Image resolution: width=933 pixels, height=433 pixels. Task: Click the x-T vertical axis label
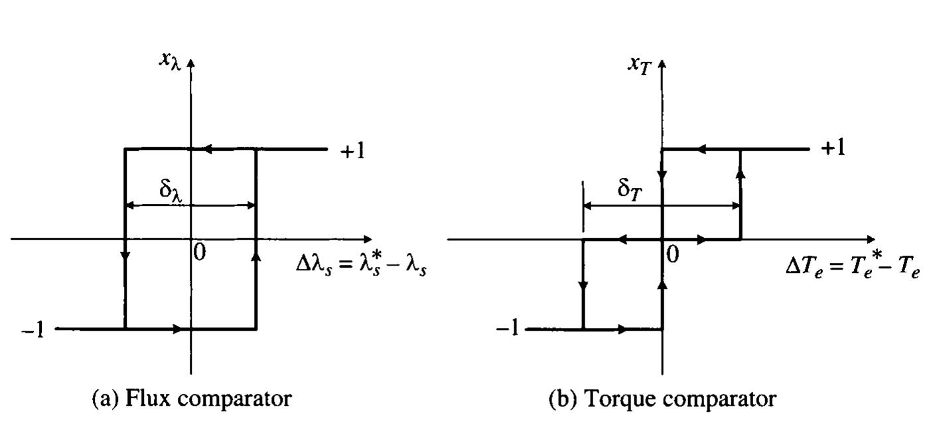(x=639, y=64)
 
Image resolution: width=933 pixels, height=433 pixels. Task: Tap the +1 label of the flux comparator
(x=352, y=151)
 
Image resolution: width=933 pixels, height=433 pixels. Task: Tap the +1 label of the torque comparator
(x=833, y=148)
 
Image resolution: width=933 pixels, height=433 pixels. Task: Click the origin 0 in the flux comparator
(x=199, y=253)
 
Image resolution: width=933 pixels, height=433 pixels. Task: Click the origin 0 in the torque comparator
(x=673, y=254)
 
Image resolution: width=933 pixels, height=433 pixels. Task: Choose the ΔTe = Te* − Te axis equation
(x=852, y=268)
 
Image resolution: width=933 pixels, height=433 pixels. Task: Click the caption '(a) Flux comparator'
(x=191, y=398)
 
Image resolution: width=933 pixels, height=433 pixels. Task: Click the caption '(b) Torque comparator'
(x=662, y=398)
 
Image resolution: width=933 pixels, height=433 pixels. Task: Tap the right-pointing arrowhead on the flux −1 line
(x=178, y=329)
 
